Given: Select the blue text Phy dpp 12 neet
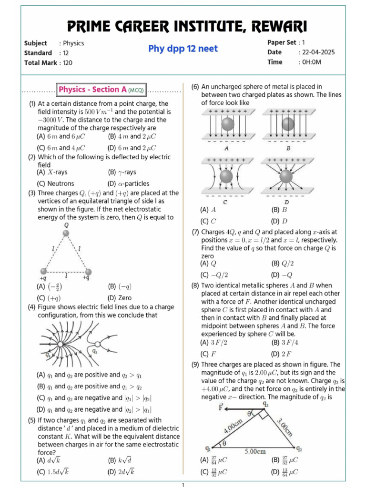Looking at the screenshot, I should [x=183, y=49].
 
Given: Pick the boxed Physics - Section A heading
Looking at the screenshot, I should [x=101, y=90].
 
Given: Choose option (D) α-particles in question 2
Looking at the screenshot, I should [x=129, y=183].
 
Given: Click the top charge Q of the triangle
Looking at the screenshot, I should [x=66, y=233].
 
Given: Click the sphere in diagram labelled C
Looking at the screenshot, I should [x=226, y=176].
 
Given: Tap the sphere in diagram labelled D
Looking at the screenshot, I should [x=287, y=176].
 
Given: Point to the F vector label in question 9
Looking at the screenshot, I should [x=220, y=406].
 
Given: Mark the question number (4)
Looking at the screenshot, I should [x=32, y=307].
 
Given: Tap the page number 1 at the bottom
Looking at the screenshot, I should [x=183, y=485].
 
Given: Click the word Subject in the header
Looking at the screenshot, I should [x=36, y=43].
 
